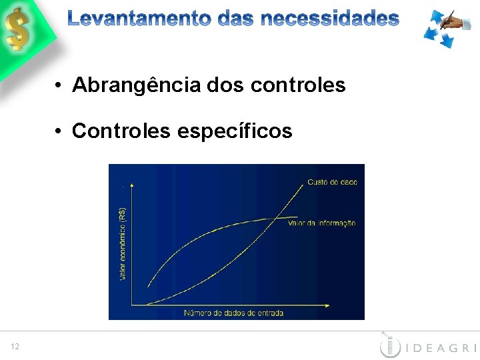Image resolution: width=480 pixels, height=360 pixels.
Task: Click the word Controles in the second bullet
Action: coord(121,131)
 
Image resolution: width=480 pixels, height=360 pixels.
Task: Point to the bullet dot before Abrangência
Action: coord(59,86)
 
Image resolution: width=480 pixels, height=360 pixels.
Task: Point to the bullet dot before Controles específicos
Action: coord(59,132)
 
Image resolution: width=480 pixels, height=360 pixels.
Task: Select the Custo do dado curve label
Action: coord(332,182)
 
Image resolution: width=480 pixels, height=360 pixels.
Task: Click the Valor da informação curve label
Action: coord(321,223)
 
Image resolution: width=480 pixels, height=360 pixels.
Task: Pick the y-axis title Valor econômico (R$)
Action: coord(123,243)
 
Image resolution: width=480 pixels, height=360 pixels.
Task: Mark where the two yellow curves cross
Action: coord(275,217)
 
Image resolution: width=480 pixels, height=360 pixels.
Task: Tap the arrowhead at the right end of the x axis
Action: coord(327,305)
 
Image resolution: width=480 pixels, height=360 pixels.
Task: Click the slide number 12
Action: coord(15,346)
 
